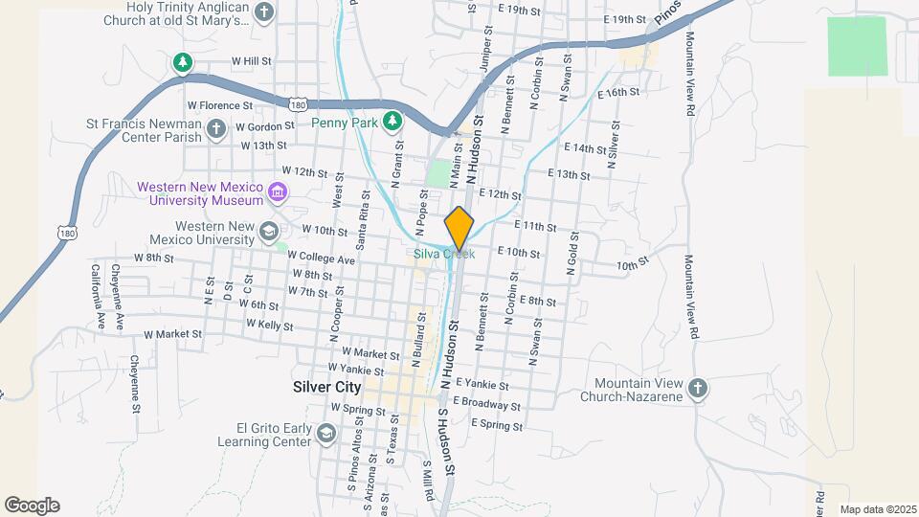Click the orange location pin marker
coord(459,228)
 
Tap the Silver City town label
coord(326,388)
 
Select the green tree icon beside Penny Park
coord(391,121)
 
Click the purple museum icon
coord(278,192)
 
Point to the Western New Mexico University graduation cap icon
coord(269,231)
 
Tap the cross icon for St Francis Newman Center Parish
coord(216,127)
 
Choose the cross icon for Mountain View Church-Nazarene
coord(698,388)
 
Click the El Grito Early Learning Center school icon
coord(325,435)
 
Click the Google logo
coord(32,506)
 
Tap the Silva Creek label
coord(443,254)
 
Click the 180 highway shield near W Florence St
coord(300,103)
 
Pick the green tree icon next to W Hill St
coord(182,63)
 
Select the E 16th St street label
coord(617,93)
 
